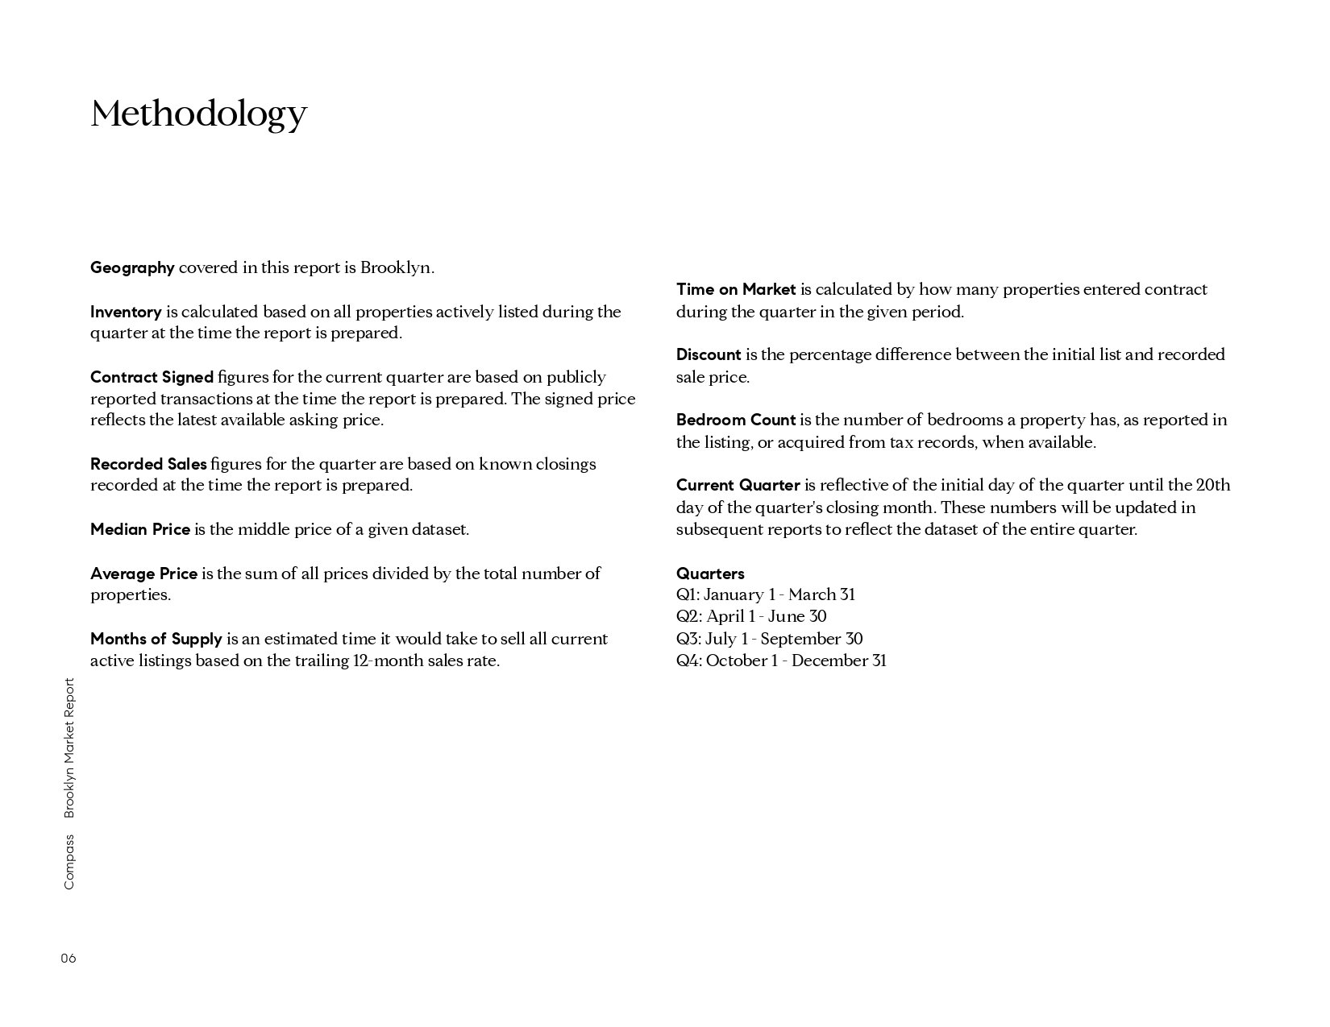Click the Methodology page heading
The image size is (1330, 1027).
[198, 114]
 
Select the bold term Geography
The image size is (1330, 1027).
[132, 268]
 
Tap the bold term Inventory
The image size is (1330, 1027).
[126, 313]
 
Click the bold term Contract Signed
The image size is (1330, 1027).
[152, 377]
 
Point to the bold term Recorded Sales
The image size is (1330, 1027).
[148, 464]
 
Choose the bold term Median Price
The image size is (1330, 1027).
[140, 529]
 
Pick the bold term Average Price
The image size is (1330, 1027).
[143, 574]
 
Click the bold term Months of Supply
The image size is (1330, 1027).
[156, 639]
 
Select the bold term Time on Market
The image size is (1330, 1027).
[736, 289]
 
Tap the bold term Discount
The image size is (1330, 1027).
[709, 354]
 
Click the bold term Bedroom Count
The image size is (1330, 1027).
[736, 420]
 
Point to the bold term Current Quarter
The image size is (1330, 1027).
[738, 485]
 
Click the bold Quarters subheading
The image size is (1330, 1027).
[710, 574]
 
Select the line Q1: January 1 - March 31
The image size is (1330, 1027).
[766, 594]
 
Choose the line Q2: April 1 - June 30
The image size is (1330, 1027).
[751, 616]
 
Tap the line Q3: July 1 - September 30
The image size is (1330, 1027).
[769, 639]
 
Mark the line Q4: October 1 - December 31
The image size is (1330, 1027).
[781, 661]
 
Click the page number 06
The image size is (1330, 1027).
[69, 959]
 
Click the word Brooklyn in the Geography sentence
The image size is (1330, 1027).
[396, 268]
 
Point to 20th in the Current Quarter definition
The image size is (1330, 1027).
[1213, 485]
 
